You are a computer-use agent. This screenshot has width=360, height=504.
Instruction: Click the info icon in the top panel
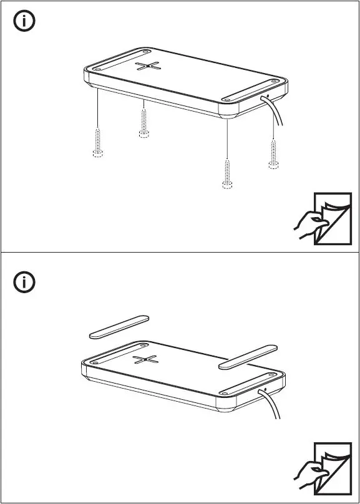point(24,22)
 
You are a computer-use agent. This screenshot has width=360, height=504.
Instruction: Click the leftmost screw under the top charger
point(97,142)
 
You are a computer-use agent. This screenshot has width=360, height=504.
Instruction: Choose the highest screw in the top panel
point(144,123)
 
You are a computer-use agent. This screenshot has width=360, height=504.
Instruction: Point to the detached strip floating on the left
point(118,326)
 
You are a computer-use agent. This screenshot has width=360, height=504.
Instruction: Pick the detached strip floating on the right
point(247,356)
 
